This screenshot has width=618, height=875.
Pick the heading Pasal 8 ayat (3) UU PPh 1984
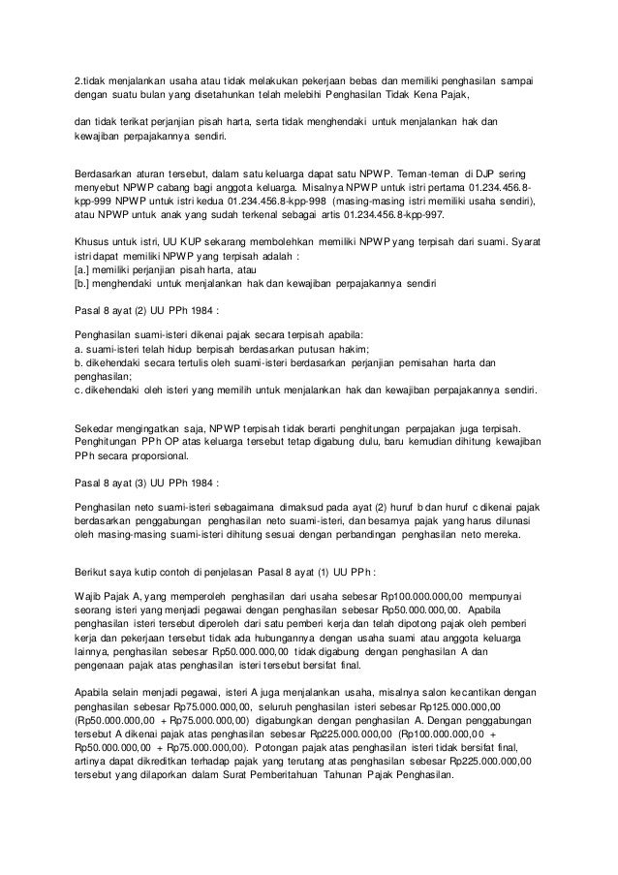146,481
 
